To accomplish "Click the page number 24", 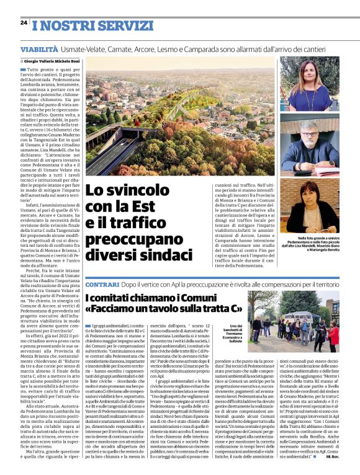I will pyautogui.click(x=24, y=22).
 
